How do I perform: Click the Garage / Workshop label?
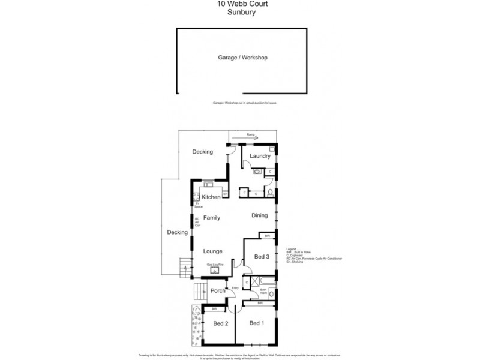pyautogui.click(x=242, y=58)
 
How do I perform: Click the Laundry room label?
pyautogui.click(x=260, y=157)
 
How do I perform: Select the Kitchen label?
pyautogui.click(x=211, y=197)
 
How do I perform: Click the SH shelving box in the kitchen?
pyautogui.click(x=225, y=194)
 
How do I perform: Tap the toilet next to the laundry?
pyautogui.click(x=271, y=193)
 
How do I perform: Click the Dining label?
pyautogui.click(x=259, y=215)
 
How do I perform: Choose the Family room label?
pyautogui.click(x=211, y=218)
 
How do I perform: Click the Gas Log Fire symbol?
pyautogui.click(x=215, y=270)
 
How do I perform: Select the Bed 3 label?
pyautogui.click(x=262, y=256)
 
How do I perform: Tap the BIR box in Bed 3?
pyautogui.click(x=268, y=236)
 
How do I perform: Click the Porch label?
pyautogui.click(x=218, y=291)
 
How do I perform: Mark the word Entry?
pyautogui.click(x=236, y=287)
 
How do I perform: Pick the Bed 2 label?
pyautogui.click(x=221, y=324)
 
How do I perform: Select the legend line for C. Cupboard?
pyautogui.click(x=299, y=254)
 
